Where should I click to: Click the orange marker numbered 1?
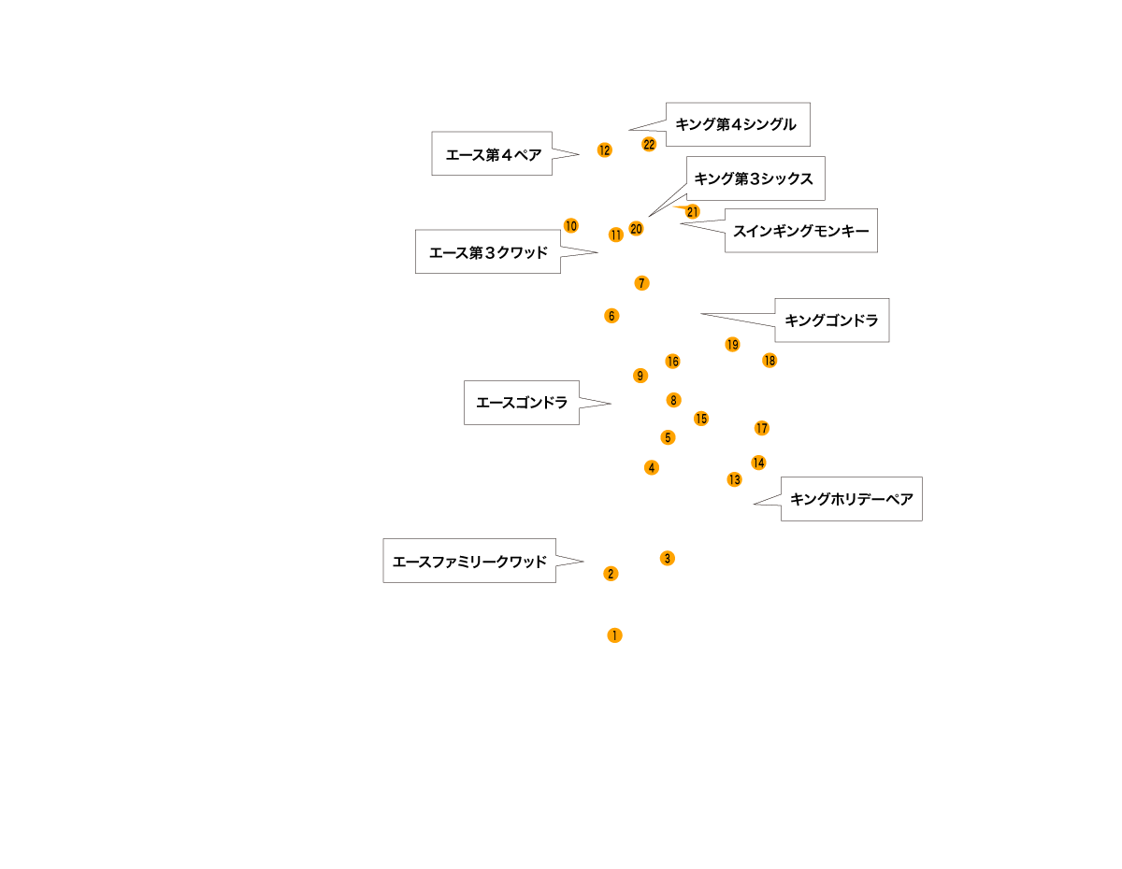point(614,635)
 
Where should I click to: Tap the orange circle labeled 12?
point(605,150)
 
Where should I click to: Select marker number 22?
point(649,145)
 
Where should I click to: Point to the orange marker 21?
point(693,211)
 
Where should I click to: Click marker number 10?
point(571,225)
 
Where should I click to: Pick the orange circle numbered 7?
point(641,283)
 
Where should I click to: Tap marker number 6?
point(611,316)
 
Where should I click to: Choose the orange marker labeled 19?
point(733,344)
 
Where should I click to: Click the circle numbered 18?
point(770,360)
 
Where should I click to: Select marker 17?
point(762,428)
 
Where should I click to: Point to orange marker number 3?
point(668,558)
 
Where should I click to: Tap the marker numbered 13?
point(734,479)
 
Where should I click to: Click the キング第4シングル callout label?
point(738,124)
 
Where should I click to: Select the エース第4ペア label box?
point(492,153)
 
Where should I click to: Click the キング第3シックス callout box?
point(755,178)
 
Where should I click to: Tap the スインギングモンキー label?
point(801,231)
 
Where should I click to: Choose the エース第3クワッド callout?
point(488,251)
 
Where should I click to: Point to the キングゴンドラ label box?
point(832,320)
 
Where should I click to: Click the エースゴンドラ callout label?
point(522,403)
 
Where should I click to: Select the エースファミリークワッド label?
point(469,561)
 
